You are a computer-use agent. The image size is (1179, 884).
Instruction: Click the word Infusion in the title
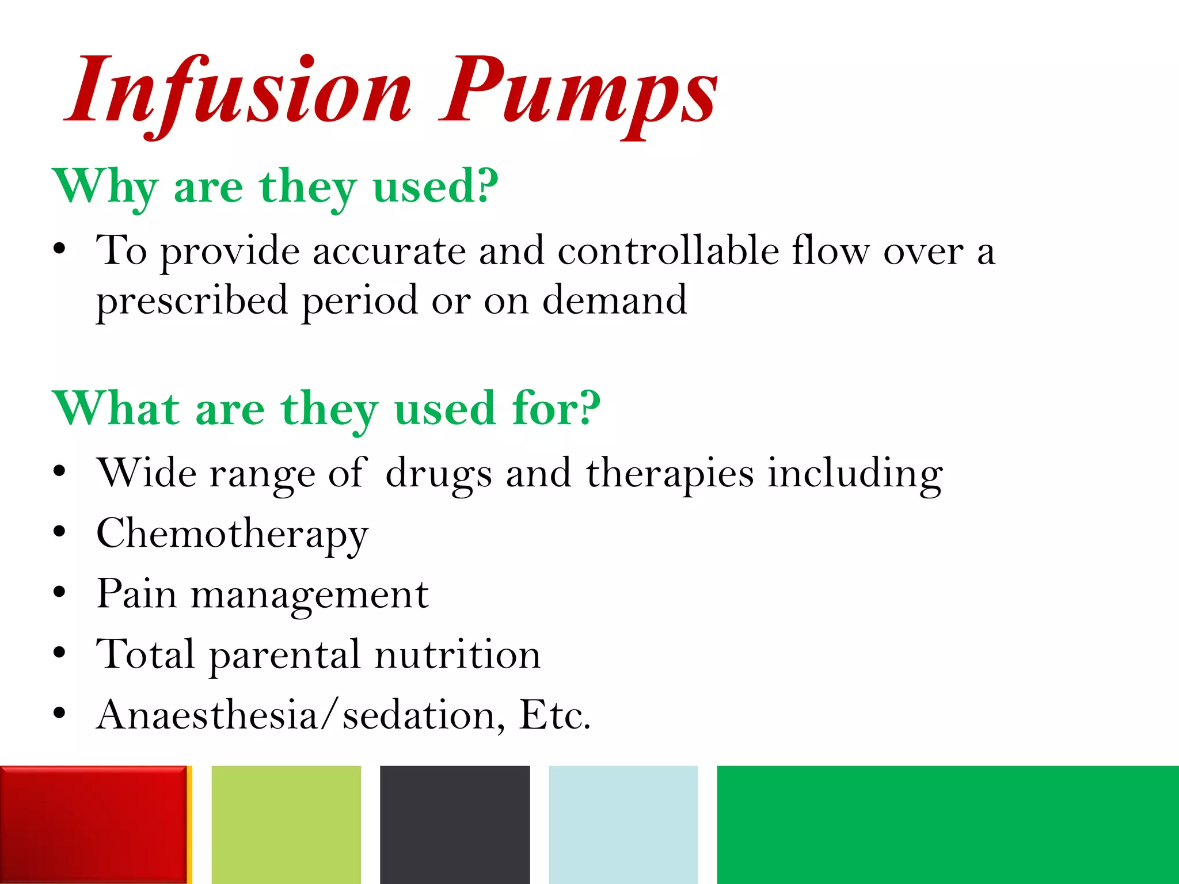pos(239,92)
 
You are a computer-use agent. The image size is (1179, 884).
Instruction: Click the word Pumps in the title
pos(579,92)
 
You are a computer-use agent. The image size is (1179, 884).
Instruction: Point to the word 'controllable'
pos(668,251)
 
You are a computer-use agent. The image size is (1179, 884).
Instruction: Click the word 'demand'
pos(614,300)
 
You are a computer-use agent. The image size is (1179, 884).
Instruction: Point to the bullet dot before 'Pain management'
pos(59,592)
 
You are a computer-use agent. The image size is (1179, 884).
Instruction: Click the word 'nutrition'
pos(458,655)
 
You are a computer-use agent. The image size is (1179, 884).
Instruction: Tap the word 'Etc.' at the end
pos(554,715)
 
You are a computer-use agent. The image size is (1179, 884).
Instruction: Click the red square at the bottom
pos(93,824)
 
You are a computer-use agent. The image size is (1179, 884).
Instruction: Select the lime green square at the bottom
pos(286,824)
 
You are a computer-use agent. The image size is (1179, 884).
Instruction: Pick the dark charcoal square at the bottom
pos(455,824)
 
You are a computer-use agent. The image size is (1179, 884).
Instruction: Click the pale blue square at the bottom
pos(623,824)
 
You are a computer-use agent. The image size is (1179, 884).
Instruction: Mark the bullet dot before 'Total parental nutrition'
pos(59,653)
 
